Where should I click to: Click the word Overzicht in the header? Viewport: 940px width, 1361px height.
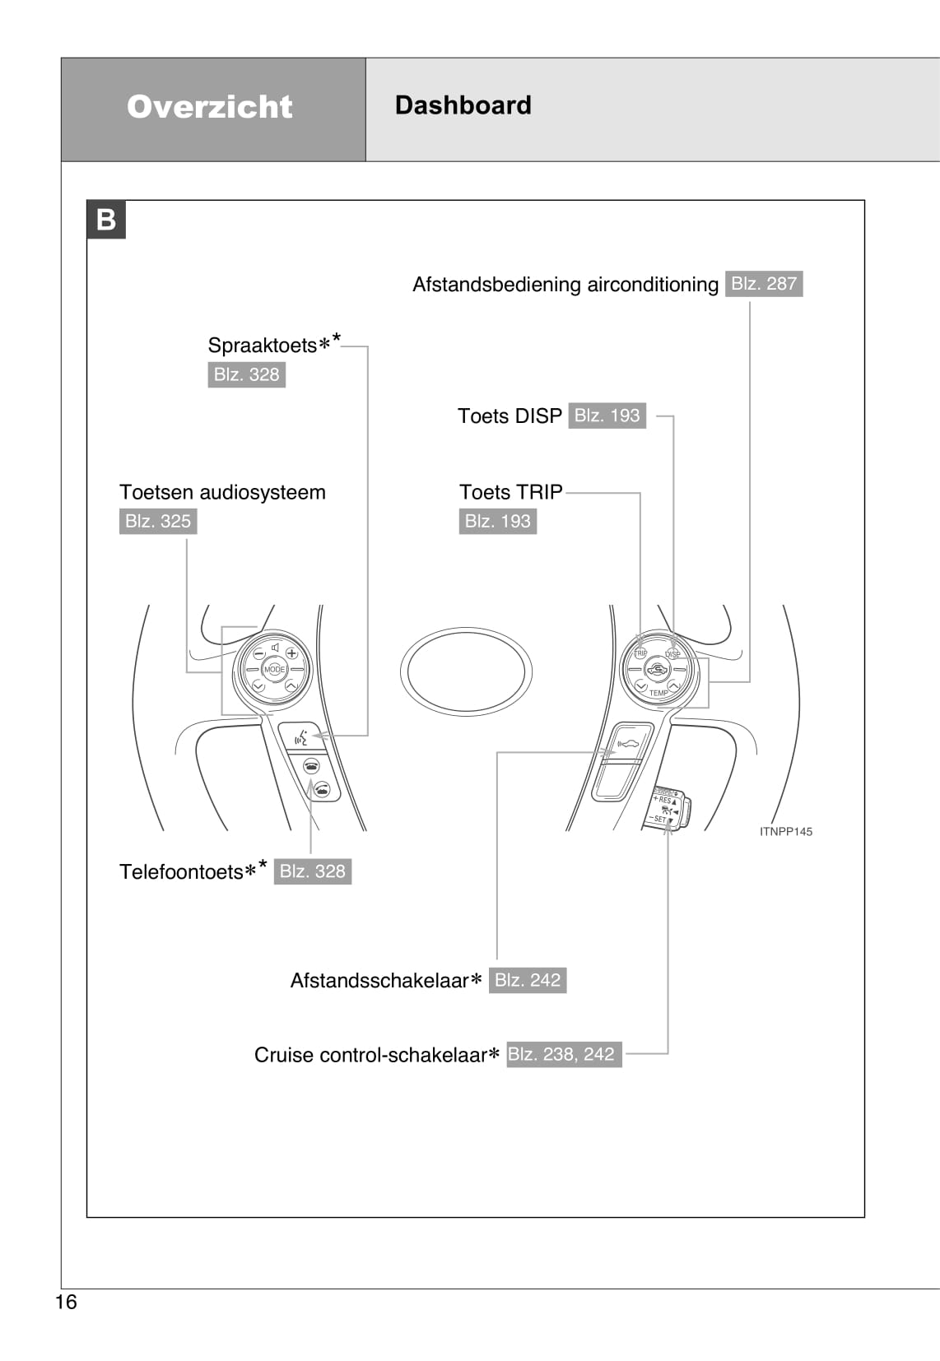tap(210, 107)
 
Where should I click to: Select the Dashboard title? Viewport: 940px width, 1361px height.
tap(463, 105)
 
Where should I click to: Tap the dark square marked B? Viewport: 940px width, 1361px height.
tap(106, 220)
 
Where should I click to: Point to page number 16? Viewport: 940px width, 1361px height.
tap(66, 1301)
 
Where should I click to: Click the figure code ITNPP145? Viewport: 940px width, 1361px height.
tap(785, 831)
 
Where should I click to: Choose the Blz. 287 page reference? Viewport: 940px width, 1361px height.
tap(764, 284)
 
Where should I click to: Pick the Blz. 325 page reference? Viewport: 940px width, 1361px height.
tap(158, 521)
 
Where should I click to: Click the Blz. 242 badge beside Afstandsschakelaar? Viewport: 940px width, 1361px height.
tap(528, 980)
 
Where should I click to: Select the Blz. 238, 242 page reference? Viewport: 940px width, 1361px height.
tap(564, 1054)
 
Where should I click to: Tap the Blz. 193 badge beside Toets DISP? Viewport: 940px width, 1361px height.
tap(607, 416)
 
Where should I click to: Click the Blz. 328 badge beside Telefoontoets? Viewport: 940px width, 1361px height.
tap(312, 871)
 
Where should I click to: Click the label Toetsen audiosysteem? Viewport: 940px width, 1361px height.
tap(222, 492)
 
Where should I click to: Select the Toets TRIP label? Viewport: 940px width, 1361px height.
tap(510, 492)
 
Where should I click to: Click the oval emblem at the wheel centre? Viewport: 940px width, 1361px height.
tap(466, 671)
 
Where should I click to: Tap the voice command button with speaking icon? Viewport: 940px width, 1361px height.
tap(301, 736)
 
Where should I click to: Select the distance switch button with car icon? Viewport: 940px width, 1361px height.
tap(626, 744)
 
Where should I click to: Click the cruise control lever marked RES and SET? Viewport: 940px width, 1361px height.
tap(667, 808)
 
